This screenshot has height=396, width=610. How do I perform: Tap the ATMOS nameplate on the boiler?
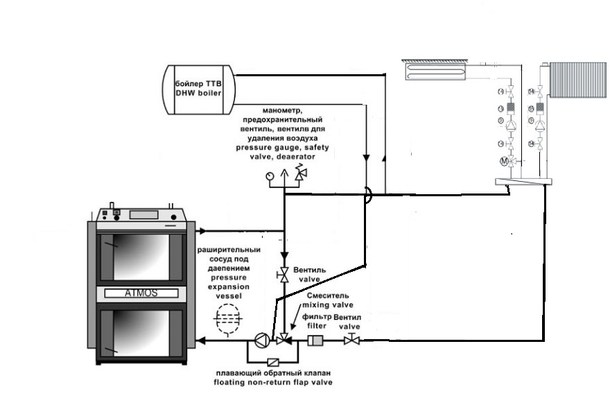pos(141,293)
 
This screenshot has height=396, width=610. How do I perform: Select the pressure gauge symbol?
pos(269,177)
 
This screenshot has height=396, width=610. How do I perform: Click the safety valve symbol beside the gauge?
pos(300,176)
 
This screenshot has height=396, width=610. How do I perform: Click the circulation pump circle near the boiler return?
pos(260,340)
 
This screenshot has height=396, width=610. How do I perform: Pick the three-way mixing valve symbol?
pos(281,340)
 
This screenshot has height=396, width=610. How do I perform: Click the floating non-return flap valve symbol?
pos(273,362)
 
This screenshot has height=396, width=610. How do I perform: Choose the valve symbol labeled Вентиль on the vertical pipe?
pos(283,275)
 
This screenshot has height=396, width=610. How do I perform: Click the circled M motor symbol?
pos(505,162)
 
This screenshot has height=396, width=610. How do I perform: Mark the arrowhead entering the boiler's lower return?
pos(200,340)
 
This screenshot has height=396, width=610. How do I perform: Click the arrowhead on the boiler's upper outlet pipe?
pos(200,231)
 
